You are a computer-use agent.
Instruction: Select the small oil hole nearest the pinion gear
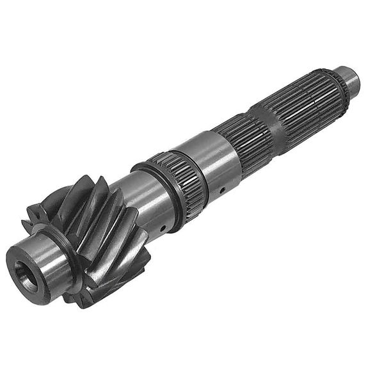click(x=164, y=228)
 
